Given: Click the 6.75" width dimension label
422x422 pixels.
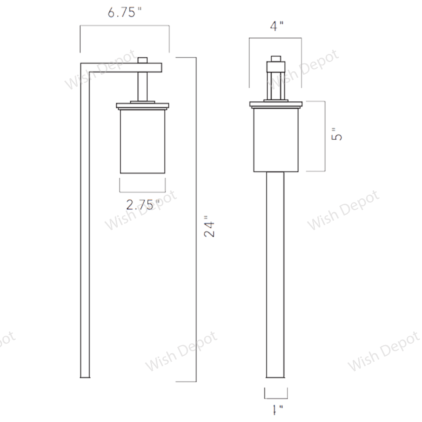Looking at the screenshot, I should pyautogui.click(x=124, y=13).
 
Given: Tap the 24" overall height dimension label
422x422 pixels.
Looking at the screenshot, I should pyautogui.click(x=210, y=227).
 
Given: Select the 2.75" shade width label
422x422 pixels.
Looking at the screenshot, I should pyautogui.click(x=143, y=205).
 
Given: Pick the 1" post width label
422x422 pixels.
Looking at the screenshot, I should pyautogui.click(x=277, y=409).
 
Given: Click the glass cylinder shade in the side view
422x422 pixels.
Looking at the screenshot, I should pyautogui.click(x=142, y=141).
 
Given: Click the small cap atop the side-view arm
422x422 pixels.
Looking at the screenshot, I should pyautogui.click(x=143, y=60).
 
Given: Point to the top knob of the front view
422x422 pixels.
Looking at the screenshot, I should pyautogui.click(x=276, y=59).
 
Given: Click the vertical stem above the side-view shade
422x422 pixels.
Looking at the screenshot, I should pyautogui.click(x=143, y=87).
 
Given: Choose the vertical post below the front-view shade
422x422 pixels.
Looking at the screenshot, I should pyautogui.click(x=275, y=274).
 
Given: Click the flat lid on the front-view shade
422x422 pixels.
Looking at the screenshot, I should pyautogui.click(x=276, y=104).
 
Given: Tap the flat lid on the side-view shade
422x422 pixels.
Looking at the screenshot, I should pyautogui.click(x=143, y=105).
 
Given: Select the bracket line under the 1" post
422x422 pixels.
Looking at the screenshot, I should pyautogui.click(x=276, y=398).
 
